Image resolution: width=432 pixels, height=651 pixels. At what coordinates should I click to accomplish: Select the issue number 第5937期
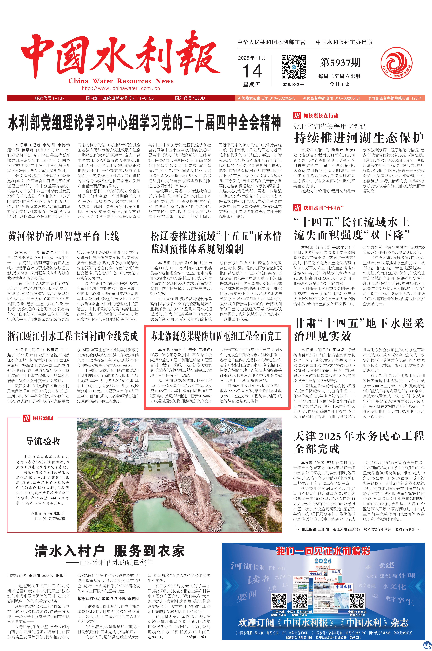340,63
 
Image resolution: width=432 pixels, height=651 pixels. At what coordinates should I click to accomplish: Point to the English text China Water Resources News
121,81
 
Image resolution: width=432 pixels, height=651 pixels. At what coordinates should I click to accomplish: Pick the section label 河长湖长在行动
321,116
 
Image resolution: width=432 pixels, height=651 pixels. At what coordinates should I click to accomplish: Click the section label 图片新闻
43,418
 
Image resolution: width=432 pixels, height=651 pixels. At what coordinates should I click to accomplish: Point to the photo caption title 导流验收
43,441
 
